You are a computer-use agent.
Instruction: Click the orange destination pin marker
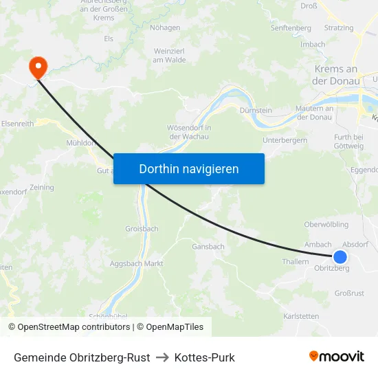pyautogui.click(x=36, y=67)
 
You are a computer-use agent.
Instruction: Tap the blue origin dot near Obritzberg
pyautogui.click(x=340, y=256)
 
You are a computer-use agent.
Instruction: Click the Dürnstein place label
pyautogui.click(x=256, y=110)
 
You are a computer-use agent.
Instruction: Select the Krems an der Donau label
pyautogui.click(x=337, y=75)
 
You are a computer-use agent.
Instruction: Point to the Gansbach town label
pyautogui.click(x=208, y=247)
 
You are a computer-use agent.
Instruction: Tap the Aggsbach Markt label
pyautogui.click(x=137, y=263)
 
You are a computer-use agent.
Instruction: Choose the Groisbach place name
pyautogui.click(x=142, y=229)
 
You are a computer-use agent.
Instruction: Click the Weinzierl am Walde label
pyautogui.click(x=170, y=56)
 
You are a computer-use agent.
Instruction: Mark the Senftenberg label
pyautogui.click(x=291, y=28)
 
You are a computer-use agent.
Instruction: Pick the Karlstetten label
pyautogui.click(x=301, y=316)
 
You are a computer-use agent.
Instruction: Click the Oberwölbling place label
pyautogui.click(x=326, y=225)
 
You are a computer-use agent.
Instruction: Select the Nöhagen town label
pyautogui.click(x=165, y=28)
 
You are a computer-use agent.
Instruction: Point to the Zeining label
pyautogui.click(x=42, y=187)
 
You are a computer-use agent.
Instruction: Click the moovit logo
pyautogui.click(x=337, y=357)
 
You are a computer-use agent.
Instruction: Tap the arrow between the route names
pyautogui.click(x=162, y=357)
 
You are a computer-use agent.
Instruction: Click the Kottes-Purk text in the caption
pyautogui.click(x=205, y=357)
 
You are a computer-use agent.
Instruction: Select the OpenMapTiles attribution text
pyautogui.click(x=175, y=327)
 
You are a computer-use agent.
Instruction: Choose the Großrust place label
pyautogui.click(x=349, y=293)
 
